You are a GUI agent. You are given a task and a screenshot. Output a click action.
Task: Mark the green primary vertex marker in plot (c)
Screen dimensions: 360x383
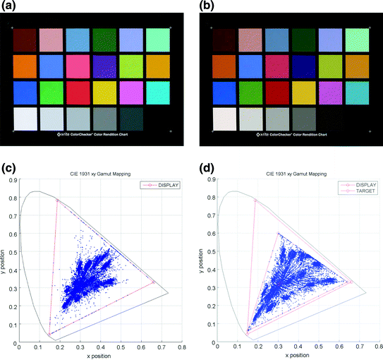tap(58, 200)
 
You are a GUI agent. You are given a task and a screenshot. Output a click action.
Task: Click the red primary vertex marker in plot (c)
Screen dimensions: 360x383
tap(154, 282)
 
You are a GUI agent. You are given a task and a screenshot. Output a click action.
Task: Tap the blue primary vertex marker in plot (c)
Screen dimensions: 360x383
tap(49, 334)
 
